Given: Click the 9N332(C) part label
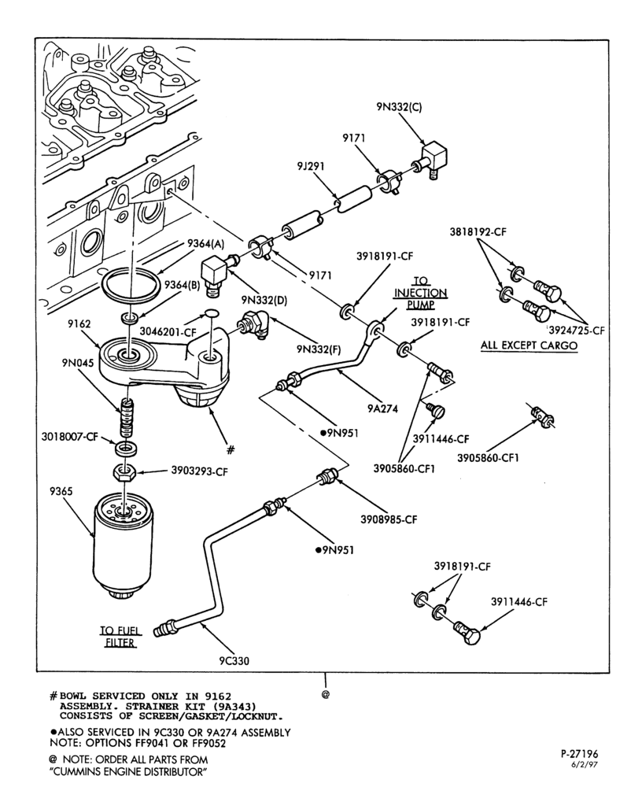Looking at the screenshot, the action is point(399,106).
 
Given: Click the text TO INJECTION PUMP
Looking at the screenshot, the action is point(421,293).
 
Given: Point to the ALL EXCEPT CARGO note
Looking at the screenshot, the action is point(529,345).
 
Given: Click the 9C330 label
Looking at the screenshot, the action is point(234,660).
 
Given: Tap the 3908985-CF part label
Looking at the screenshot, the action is point(389,519).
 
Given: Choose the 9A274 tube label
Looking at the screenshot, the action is point(383,408).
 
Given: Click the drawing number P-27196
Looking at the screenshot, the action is point(579,754).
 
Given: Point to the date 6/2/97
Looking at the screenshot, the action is point(585,765).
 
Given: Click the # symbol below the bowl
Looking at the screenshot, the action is point(231,449).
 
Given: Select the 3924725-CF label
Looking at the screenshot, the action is point(576,331).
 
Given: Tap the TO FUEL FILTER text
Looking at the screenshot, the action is point(120,637).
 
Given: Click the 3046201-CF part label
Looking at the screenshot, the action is point(168,331).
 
